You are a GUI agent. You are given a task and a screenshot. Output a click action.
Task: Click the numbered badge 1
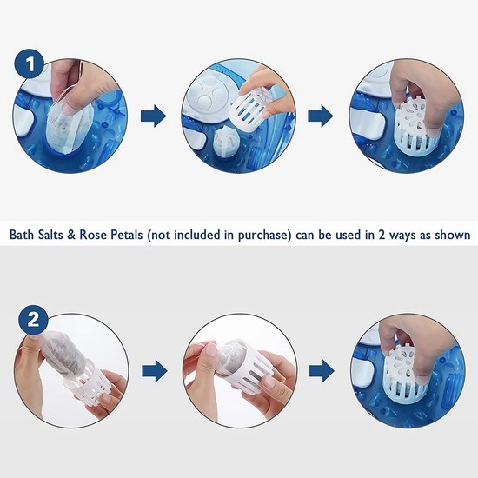tap(30, 64)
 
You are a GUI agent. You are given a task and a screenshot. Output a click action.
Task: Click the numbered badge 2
tap(33, 321)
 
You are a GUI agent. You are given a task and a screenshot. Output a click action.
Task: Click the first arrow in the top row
tap(153, 116)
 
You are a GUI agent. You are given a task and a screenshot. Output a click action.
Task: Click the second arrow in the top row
tap(321, 116)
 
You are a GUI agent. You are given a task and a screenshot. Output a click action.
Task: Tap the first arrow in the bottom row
tap(154, 371)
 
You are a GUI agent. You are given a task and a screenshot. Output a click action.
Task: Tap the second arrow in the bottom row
tap(322, 371)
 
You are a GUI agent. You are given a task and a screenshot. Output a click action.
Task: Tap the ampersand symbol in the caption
tap(70, 235)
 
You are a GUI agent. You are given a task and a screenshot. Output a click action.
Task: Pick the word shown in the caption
tap(453, 235)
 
